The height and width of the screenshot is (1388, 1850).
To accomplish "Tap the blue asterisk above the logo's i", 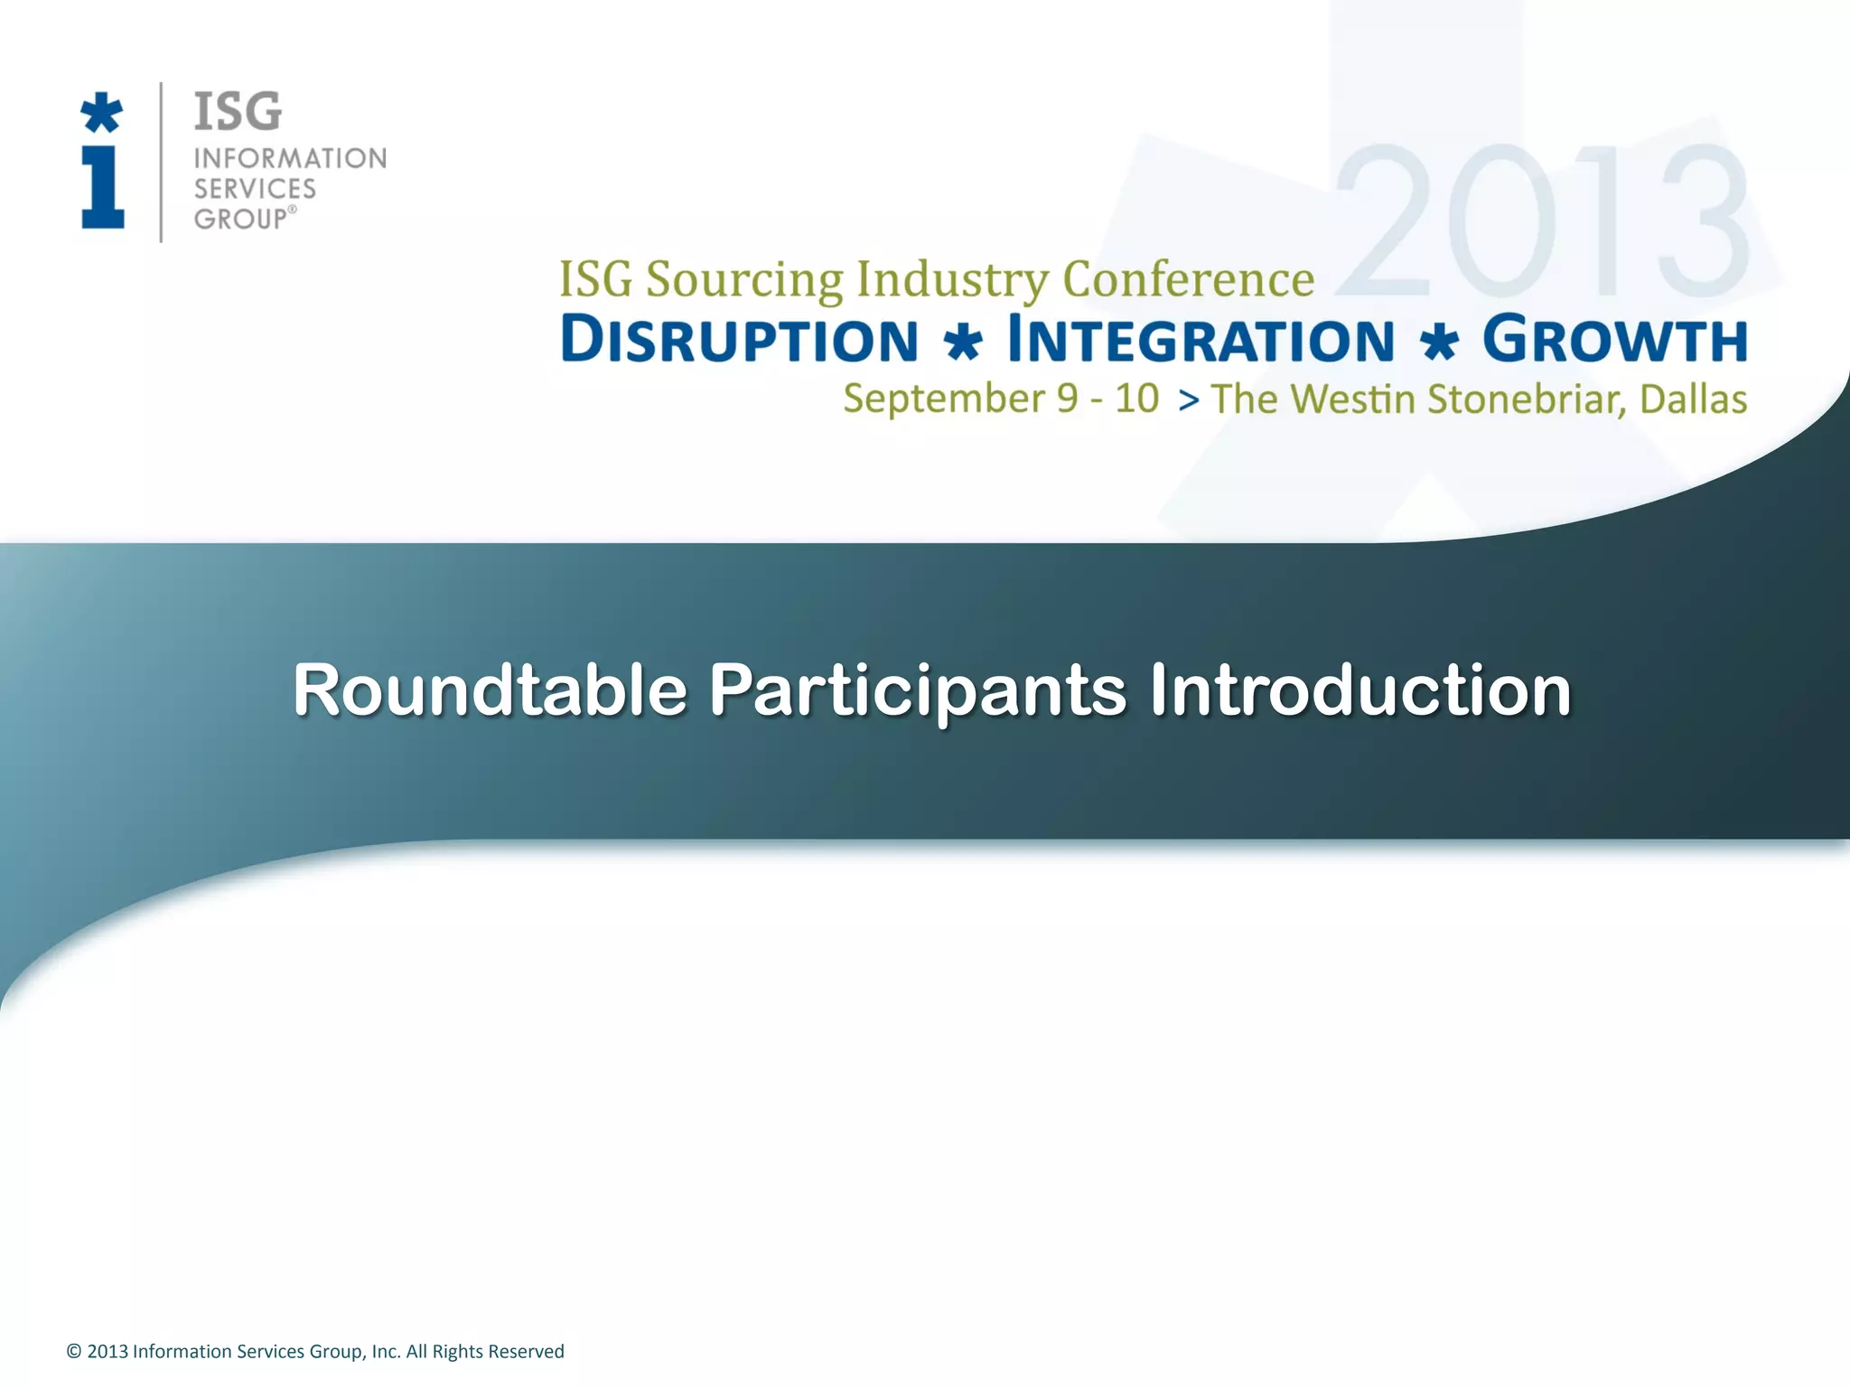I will pyautogui.click(x=101, y=112).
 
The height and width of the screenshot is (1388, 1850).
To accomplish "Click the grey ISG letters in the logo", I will pyautogui.click(x=238, y=112).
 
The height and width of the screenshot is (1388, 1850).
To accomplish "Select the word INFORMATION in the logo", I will pyautogui.click(x=290, y=158).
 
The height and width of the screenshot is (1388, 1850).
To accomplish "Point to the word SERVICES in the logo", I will pyautogui.click(x=255, y=189).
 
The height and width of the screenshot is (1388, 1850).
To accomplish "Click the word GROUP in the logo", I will pyautogui.click(x=240, y=219).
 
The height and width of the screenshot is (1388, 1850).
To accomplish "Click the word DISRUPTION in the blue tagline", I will pyautogui.click(x=739, y=341).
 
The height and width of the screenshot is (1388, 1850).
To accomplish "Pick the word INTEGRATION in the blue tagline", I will pyautogui.click(x=1201, y=341).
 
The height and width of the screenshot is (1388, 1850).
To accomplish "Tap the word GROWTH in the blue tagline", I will pyautogui.click(x=1614, y=340).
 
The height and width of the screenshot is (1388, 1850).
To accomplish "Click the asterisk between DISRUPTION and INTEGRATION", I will pyautogui.click(x=962, y=344).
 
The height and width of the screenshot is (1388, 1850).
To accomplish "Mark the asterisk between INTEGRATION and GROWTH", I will pyautogui.click(x=1438, y=344).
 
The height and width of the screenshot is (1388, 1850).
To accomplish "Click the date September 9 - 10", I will pyautogui.click(x=1000, y=399).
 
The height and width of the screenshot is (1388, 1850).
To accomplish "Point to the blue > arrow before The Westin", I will pyautogui.click(x=1189, y=399).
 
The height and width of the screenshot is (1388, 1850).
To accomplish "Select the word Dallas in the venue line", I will pyautogui.click(x=1693, y=399).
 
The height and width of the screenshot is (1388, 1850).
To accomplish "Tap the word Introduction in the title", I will pyautogui.click(x=1359, y=690).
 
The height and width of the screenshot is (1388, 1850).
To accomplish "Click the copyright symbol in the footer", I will pyautogui.click(x=74, y=1352).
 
